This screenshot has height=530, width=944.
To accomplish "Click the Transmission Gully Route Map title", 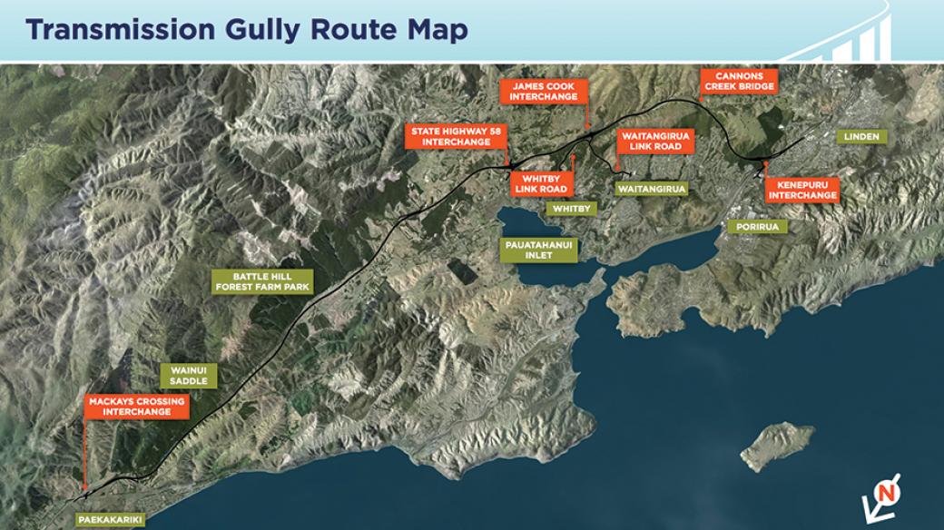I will pos(247,30).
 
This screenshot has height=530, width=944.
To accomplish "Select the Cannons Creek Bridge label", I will pos(738,81).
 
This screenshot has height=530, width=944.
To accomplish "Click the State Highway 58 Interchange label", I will pos(456,136).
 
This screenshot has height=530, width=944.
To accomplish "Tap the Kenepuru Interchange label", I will pos(801,190).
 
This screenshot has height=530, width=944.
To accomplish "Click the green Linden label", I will pos(861,137).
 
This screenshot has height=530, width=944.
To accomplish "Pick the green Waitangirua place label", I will pos(650,189).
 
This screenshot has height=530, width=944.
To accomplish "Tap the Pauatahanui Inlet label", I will pos(539,250).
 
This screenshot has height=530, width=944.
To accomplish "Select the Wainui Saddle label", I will pos(189,375).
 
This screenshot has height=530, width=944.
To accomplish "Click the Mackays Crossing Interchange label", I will pos(136,407).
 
